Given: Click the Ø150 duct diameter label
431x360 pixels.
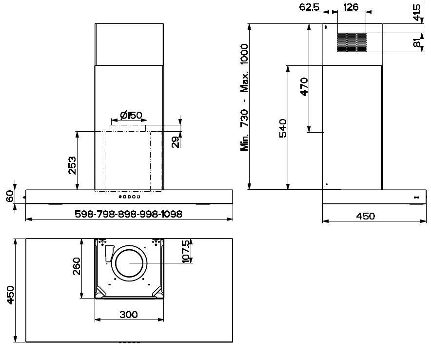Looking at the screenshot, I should (130, 115).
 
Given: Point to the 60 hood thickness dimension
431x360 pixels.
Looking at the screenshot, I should (9, 197).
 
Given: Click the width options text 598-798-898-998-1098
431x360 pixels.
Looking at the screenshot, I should (129, 214).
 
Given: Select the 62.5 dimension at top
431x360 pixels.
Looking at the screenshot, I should (309, 7).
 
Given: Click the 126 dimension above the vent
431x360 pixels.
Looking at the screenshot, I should (351, 7).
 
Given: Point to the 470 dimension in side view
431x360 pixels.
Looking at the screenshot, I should (303, 87).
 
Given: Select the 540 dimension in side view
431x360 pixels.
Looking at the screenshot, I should (282, 128).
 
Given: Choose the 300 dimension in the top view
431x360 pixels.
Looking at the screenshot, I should (128, 315).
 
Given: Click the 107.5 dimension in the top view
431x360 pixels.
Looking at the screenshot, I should (185, 251).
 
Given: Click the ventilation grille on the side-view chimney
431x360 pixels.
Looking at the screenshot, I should (351, 42).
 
